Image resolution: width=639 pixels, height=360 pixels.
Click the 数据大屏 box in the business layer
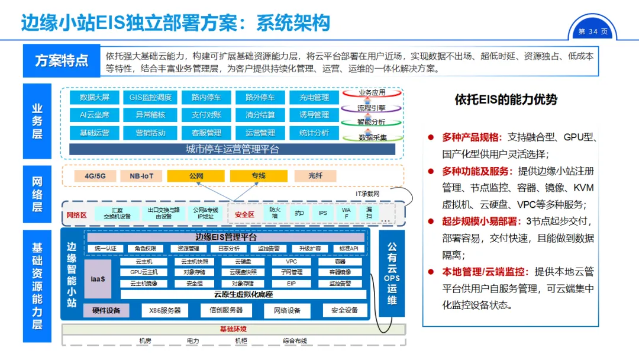[x=95, y=98]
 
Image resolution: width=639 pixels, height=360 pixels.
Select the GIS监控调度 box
[x=150, y=98]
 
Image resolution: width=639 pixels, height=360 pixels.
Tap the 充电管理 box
[x=314, y=98]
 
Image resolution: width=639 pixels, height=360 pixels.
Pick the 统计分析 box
[x=314, y=133]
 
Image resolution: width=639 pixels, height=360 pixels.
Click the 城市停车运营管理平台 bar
[x=232, y=149]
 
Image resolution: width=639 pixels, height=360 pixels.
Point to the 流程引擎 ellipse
[x=372, y=108]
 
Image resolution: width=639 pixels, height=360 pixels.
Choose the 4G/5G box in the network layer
[x=95, y=176]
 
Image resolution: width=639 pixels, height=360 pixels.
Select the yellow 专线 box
[x=258, y=176]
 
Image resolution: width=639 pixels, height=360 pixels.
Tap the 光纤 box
[x=315, y=176]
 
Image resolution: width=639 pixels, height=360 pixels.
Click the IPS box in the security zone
[x=322, y=213]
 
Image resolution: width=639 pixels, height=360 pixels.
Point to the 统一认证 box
[x=105, y=249]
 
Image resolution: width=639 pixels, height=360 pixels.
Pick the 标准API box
[x=346, y=249]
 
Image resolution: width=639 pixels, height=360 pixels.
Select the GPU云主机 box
[x=144, y=272]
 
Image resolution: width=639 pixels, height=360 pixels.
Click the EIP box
[x=291, y=284]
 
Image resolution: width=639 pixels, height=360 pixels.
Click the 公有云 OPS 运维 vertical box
[x=392, y=273]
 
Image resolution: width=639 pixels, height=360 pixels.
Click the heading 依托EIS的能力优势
[x=506, y=99]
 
